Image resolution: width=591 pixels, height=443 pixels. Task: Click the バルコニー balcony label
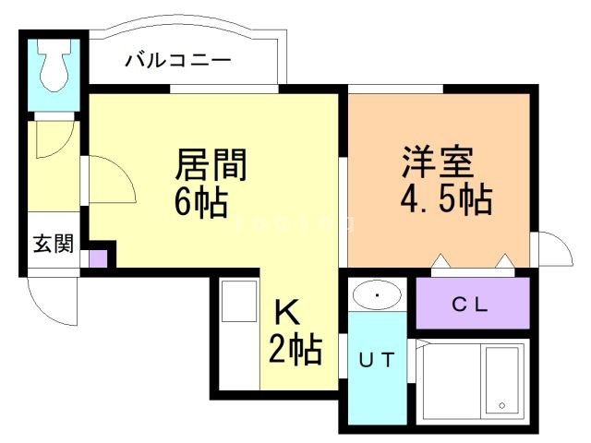(178, 63)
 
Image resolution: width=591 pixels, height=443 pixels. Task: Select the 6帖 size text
(200, 201)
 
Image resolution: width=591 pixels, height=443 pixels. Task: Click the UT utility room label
(376, 361)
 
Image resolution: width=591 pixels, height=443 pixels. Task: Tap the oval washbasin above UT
(377, 295)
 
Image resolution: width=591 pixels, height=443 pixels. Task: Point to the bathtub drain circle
(501, 405)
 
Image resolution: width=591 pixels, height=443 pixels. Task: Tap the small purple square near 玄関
(98, 257)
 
